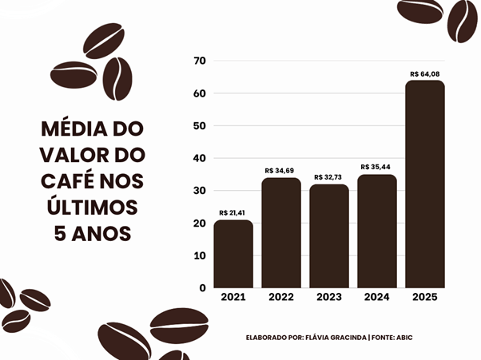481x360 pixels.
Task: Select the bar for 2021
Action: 233,254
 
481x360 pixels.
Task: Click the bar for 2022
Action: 281,232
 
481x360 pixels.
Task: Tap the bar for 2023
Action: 329,235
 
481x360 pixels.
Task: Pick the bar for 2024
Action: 377,231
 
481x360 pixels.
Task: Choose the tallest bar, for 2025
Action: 425,184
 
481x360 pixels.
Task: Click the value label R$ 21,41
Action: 233,213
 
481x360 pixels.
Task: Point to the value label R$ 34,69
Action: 280,171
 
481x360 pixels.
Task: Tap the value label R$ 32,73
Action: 329,177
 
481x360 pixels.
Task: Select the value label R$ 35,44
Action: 376,168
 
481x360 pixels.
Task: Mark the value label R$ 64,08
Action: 425,73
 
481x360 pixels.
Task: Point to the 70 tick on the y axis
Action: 200,61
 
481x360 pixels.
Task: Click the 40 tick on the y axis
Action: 200,158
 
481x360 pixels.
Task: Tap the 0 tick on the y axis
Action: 203,287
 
